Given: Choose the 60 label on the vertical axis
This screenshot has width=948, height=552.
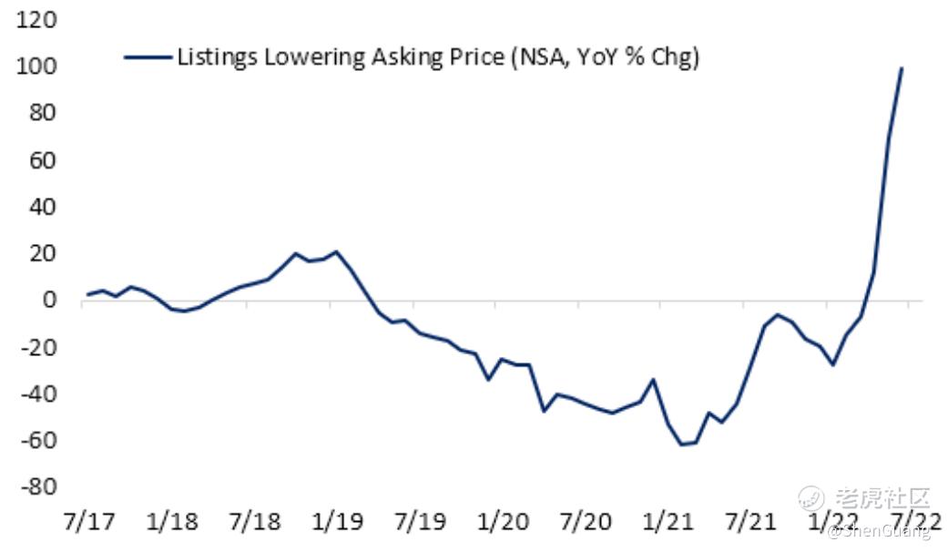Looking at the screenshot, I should coord(42,160).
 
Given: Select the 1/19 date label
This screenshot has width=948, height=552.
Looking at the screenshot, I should coord(338,523).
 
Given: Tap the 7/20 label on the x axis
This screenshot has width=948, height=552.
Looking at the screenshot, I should coord(586,523).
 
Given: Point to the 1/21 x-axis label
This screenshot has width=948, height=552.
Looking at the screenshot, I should coord(668,523).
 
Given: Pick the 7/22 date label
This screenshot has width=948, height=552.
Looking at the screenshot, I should coord(915,523).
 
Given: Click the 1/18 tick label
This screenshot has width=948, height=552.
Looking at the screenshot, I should coord(171,523).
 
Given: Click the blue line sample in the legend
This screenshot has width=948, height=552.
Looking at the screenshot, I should coord(148,58).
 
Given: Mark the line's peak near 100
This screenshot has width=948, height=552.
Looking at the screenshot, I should coord(902,67).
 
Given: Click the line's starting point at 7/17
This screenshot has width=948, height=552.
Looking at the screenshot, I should coord(87,294).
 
